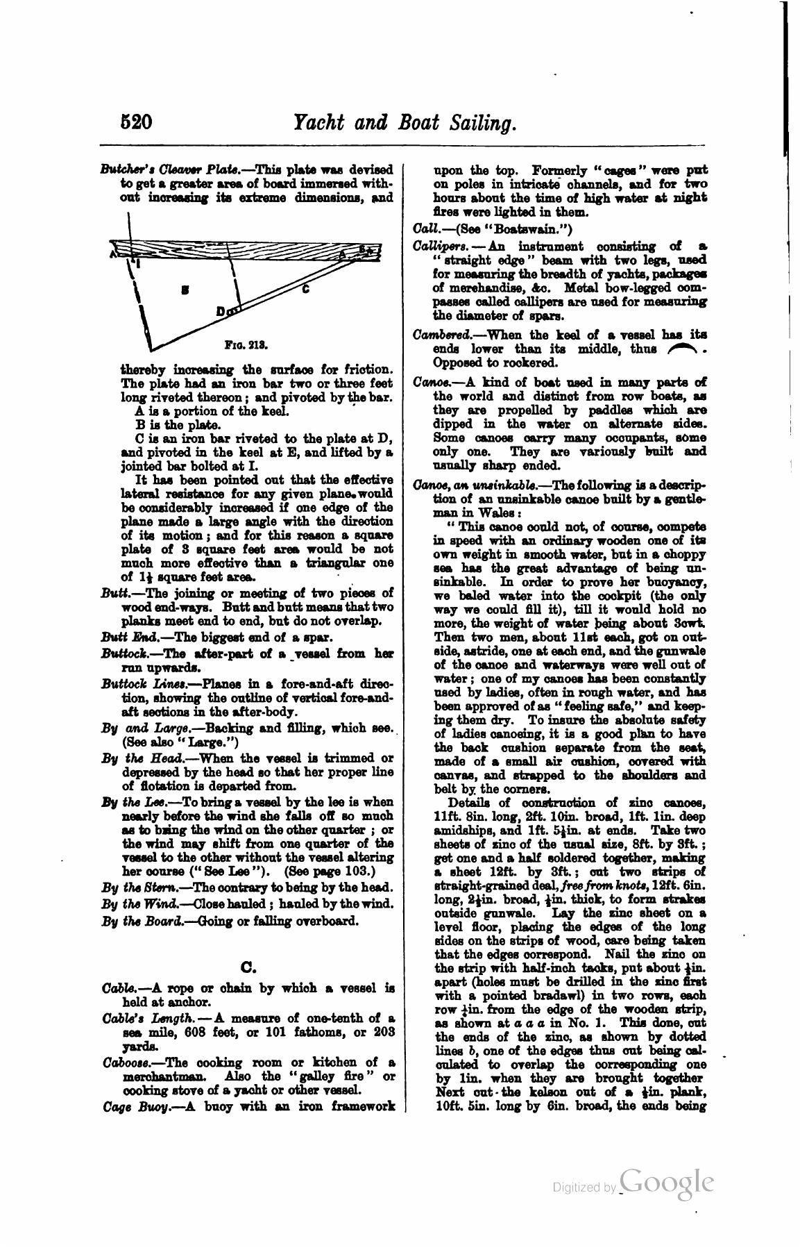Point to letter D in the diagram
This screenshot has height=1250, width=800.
click(220, 312)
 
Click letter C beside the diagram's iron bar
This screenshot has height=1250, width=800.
click(305, 288)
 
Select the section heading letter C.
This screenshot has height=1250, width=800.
click(248, 966)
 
